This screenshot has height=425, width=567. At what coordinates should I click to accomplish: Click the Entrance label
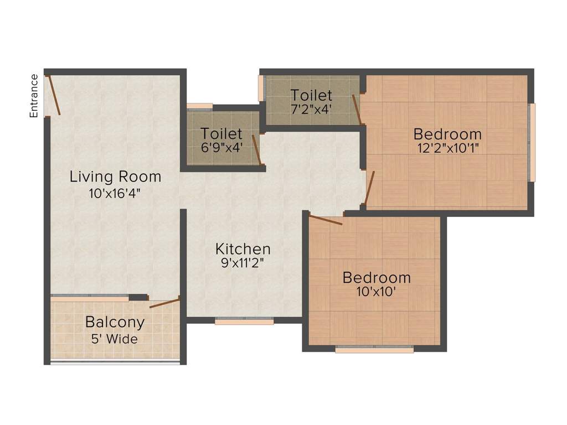(34, 96)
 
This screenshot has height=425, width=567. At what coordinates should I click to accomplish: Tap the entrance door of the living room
(54, 95)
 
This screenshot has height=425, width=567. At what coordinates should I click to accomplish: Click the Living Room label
(115, 177)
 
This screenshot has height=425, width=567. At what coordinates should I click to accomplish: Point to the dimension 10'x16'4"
(115, 193)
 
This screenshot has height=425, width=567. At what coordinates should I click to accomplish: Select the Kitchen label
(243, 249)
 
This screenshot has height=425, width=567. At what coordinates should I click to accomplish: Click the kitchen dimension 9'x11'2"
(243, 263)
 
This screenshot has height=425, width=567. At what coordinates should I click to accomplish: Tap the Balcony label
(115, 322)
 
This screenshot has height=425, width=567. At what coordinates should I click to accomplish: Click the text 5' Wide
(115, 339)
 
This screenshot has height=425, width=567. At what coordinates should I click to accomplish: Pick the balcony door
(164, 303)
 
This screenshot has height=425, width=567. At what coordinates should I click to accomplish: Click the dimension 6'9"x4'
(221, 147)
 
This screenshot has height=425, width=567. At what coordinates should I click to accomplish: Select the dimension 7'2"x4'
(311, 109)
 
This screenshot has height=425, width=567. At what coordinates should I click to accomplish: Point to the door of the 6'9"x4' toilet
(256, 150)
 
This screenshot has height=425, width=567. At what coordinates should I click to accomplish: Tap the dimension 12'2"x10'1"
(448, 148)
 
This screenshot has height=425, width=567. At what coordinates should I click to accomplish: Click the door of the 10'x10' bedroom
(326, 220)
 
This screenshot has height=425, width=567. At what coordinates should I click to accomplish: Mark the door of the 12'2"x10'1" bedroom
(369, 188)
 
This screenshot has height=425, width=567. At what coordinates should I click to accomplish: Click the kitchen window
(244, 320)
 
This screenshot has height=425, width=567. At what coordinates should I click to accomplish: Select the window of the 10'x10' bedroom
(374, 349)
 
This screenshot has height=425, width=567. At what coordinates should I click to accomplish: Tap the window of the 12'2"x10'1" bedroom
(532, 142)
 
